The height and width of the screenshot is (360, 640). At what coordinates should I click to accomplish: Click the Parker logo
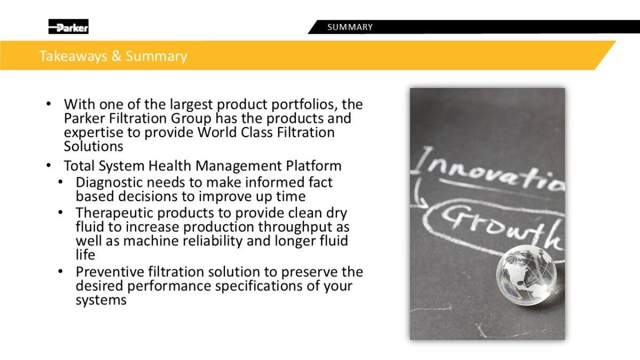(68, 27)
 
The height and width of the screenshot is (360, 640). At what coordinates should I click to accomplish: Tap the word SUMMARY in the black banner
(350, 27)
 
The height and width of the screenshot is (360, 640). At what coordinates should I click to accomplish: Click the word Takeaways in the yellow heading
(73, 56)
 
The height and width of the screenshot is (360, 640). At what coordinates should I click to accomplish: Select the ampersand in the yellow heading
(116, 55)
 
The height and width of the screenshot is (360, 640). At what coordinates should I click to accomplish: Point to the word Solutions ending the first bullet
(93, 146)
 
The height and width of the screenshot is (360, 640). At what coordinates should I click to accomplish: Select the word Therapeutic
(114, 213)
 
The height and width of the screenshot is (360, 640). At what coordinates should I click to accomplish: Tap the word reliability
(213, 241)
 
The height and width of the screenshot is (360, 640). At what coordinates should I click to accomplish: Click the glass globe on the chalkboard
(526, 275)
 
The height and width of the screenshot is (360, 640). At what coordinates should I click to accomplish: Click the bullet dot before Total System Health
(49, 165)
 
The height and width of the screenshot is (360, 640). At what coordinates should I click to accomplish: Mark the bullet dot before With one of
(49, 103)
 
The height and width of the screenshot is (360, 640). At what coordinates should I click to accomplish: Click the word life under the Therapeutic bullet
(85, 255)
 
